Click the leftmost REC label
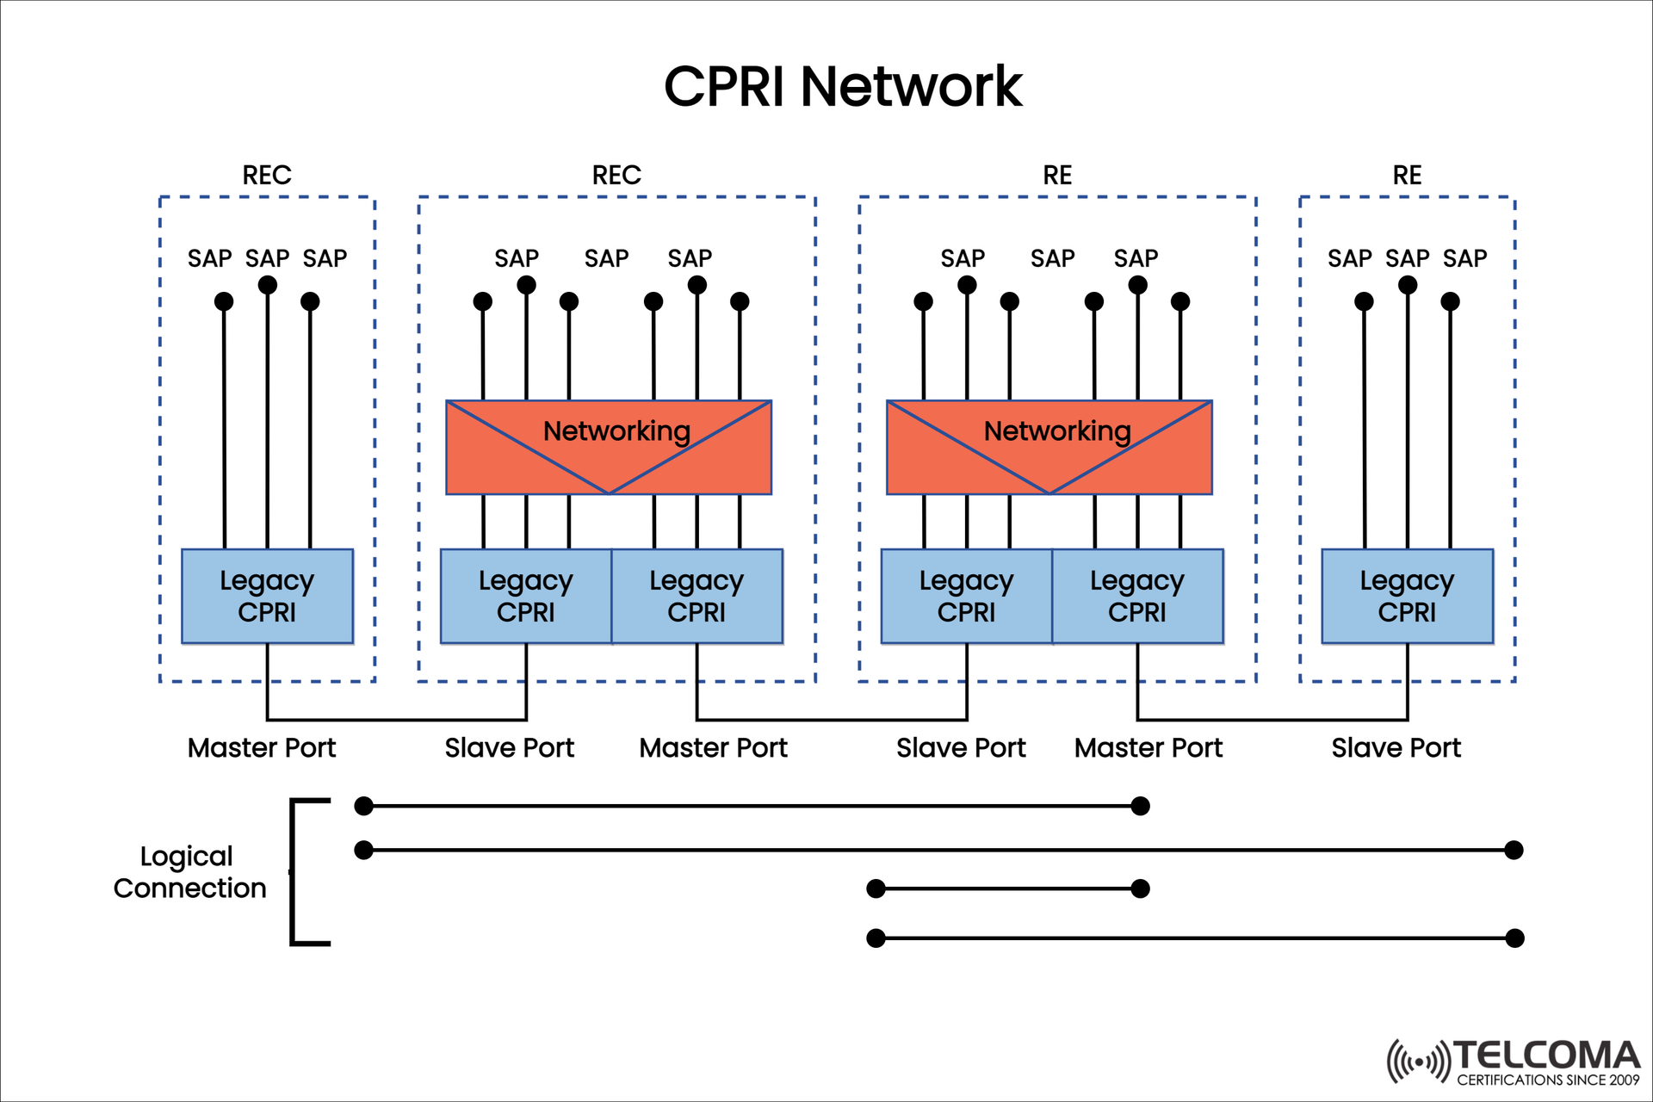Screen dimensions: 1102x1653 [x=267, y=176]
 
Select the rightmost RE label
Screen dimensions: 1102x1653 [x=1407, y=176]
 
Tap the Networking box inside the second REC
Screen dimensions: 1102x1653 [x=609, y=447]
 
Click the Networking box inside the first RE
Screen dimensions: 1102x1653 [x=1049, y=447]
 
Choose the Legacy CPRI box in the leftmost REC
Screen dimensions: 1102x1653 [x=267, y=596]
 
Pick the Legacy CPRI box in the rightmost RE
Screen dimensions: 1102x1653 [x=1407, y=596]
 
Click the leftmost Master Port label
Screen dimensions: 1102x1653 [x=262, y=747]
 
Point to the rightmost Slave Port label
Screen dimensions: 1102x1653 [x=1396, y=747]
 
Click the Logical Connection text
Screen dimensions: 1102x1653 [x=189, y=871]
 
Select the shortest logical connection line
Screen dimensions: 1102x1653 [x=1007, y=888]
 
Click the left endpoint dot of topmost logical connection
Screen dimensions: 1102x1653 [x=364, y=806]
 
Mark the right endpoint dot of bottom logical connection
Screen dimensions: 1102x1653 [x=1514, y=938]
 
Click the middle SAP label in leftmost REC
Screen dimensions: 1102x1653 [x=267, y=258]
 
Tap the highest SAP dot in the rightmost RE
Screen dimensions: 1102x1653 [x=1408, y=285]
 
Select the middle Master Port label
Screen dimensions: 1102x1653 [x=713, y=747]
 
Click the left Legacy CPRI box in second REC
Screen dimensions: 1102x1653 [x=525, y=596]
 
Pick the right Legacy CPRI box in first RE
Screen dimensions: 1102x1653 [x=1136, y=596]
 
